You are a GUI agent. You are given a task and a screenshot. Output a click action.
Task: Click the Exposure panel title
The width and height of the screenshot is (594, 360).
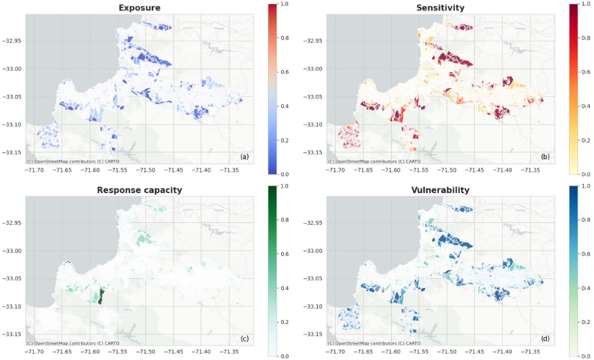click(139, 8)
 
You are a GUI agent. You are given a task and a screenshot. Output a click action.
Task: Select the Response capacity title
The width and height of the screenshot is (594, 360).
click(139, 190)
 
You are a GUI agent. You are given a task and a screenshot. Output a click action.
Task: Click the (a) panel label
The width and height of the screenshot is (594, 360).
click(244, 156)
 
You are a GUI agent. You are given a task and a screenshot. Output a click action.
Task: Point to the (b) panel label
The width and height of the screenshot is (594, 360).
click(545, 156)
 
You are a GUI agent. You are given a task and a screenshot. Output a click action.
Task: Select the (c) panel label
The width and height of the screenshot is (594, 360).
click(244, 339)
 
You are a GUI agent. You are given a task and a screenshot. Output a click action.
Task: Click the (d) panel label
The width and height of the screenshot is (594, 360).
click(545, 339)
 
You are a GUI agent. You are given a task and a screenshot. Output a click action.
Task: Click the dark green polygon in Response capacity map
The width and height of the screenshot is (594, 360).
click(100, 296)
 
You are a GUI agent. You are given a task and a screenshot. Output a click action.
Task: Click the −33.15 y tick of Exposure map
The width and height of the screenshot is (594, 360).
click(12, 152)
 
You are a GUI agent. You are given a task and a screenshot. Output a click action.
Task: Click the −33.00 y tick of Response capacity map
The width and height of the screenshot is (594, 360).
click(12, 251)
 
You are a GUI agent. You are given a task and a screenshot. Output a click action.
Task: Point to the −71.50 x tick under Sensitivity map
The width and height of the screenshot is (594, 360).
click(447, 170)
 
